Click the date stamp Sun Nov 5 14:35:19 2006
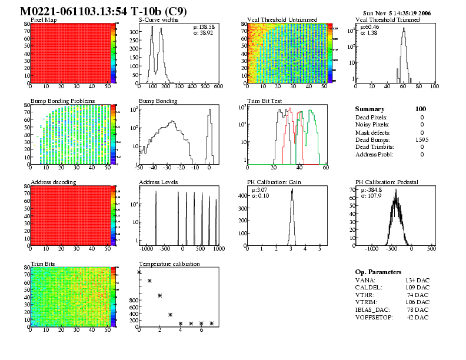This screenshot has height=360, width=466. pyautogui.click(x=398, y=12)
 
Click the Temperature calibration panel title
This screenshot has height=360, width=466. pyautogui.click(x=169, y=264)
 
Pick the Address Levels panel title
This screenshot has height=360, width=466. pyautogui.click(x=158, y=182)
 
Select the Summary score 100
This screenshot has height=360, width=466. pyautogui.click(x=420, y=109)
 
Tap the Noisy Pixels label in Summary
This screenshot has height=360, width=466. pyautogui.click(x=372, y=124)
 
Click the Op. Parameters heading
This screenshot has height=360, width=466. pyautogui.click(x=378, y=272)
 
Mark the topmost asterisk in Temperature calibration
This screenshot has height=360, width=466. pyautogui.click(x=139, y=272)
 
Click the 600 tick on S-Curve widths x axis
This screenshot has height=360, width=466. pyautogui.click(x=218, y=86)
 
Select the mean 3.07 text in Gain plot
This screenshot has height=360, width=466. pyautogui.click(x=259, y=190)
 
